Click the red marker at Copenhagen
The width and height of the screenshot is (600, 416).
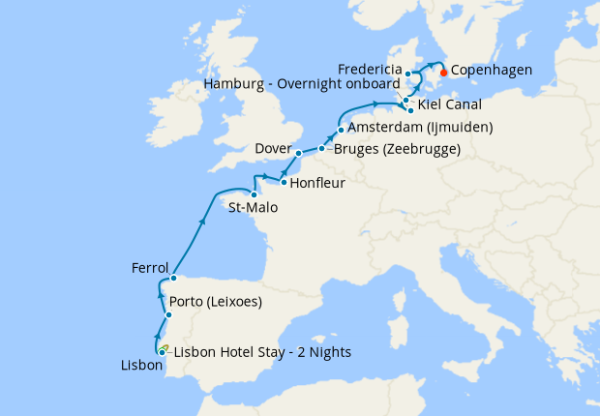tap(442, 72)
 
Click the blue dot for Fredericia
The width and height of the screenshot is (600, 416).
tap(408, 74)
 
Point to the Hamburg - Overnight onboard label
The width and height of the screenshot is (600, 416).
tap(299, 85)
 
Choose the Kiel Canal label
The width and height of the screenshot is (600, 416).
tap(450, 103)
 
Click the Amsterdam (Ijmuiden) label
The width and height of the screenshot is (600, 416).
tap(420, 128)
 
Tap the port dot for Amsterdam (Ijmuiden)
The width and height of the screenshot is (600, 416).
tap(341, 130)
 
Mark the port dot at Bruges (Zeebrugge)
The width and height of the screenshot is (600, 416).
tap(321, 149)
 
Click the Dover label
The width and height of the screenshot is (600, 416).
tap(273, 148)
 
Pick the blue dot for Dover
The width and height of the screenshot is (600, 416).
tap(299, 153)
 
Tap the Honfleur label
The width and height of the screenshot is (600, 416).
tap(317, 181)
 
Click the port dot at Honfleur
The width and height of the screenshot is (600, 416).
tap(282, 181)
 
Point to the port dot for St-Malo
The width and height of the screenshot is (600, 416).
tap(255, 193)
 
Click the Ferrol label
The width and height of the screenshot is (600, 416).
tap(150, 268)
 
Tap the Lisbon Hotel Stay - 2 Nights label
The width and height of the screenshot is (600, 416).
tap(261, 351)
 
